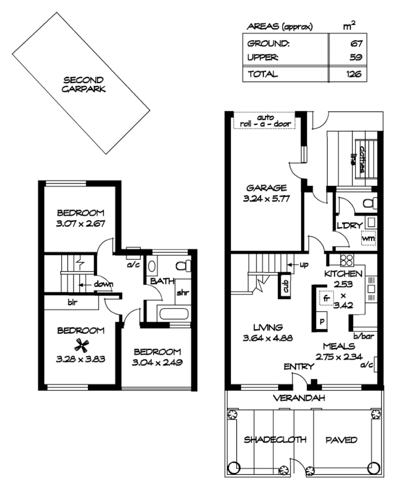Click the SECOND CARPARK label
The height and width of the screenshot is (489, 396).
[x=83, y=84]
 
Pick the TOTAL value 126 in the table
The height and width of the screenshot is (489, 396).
[x=354, y=74]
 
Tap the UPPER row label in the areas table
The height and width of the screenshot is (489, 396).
[x=263, y=57]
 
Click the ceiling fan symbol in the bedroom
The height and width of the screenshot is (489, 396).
[x=82, y=344]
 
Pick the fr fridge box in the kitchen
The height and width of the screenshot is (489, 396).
[x=326, y=298]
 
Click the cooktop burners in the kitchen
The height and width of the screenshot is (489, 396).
[x=347, y=260]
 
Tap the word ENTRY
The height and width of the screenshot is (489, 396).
[x=299, y=368]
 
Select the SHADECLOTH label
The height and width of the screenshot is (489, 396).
[x=267, y=440]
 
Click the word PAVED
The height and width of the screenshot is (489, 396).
[x=341, y=440]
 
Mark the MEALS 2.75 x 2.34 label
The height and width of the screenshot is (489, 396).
[x=338, y=351]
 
